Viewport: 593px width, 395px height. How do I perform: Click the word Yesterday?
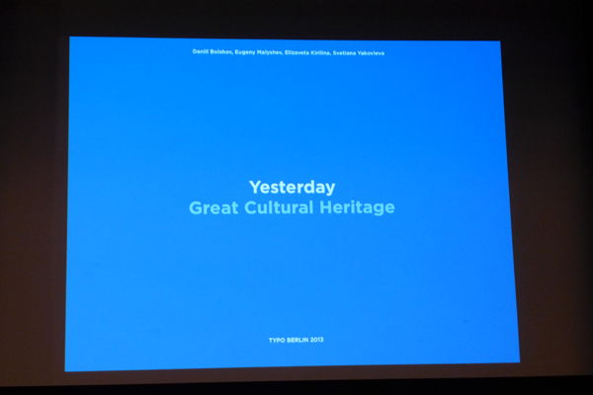point(292,188)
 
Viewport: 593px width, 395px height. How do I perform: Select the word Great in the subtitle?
point(213,207)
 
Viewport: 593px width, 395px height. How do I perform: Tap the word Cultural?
point(279,207)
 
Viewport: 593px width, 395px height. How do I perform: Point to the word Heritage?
point(357,207)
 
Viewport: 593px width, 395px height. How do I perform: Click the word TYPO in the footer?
point(277,340)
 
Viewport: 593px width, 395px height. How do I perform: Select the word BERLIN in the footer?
point(297,340)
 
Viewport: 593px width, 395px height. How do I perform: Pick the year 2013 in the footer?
point(316,340)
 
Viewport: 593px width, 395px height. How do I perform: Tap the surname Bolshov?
point(221,51)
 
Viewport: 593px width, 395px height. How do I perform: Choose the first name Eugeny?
point(245,52)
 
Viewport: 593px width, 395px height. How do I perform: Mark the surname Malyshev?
point(270,52)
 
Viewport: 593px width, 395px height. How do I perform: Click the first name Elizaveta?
point(296,52)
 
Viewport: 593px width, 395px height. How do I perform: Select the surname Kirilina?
point(321,53)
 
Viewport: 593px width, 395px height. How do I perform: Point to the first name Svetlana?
point(344,53)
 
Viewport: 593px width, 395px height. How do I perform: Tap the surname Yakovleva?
point(371,53)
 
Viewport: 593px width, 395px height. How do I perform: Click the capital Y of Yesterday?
point(255,187)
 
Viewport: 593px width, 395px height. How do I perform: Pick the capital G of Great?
point(196,208)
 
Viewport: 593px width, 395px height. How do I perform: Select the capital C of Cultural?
point(251,207)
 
